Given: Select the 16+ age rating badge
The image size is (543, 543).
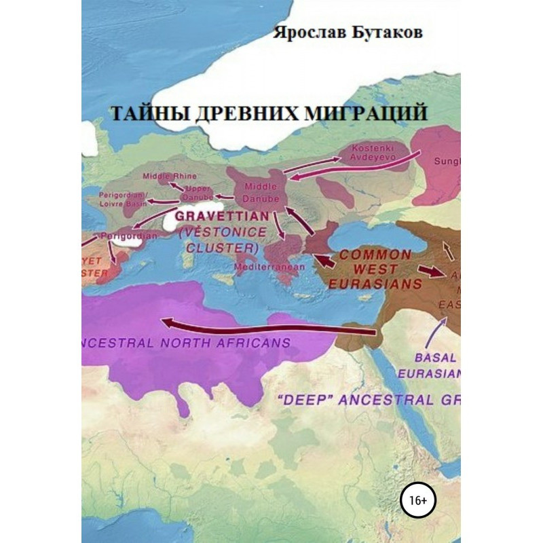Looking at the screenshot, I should coord(419,500).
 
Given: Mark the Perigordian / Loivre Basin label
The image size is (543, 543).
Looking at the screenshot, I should coord(124,197).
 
